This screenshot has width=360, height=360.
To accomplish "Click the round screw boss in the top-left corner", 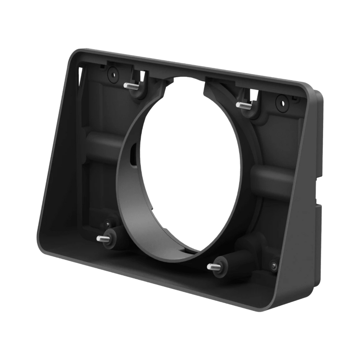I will click(113, 75).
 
